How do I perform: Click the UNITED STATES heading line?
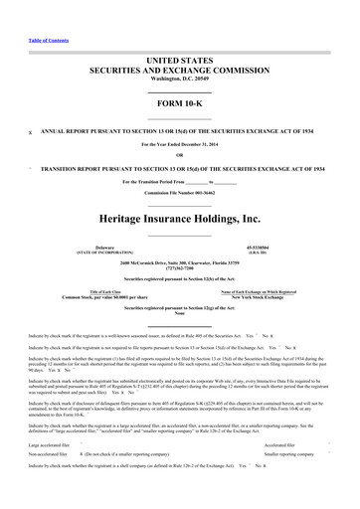point(180,33)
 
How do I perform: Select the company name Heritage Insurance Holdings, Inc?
point(180,189)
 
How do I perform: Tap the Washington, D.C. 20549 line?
point(180,55)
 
